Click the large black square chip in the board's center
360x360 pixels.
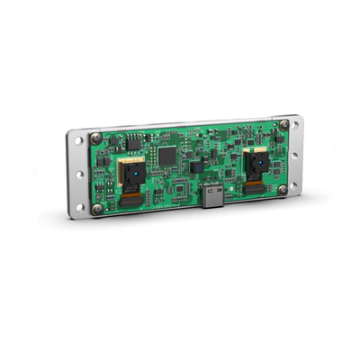coord(167,155)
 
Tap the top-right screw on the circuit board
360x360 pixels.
coord(284,124)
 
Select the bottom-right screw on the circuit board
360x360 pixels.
coord(282,189)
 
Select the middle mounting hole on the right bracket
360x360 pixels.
coord(294,155)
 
